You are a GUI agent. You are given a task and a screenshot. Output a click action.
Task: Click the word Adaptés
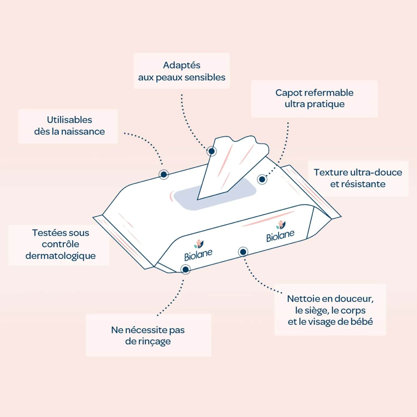182,65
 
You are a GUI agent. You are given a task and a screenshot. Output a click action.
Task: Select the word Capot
288,93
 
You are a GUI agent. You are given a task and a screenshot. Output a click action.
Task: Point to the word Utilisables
69,120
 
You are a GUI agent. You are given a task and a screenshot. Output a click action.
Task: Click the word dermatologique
60,256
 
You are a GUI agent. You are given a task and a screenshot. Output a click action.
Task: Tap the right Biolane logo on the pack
280,231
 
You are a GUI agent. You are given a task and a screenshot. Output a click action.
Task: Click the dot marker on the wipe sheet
212,151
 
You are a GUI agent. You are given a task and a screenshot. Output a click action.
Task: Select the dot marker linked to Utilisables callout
164,174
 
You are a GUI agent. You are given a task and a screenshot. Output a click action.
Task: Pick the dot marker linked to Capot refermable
262,179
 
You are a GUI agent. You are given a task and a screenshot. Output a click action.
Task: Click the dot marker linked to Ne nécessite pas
185,269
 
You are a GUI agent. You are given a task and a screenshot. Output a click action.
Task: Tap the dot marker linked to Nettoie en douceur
243,252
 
